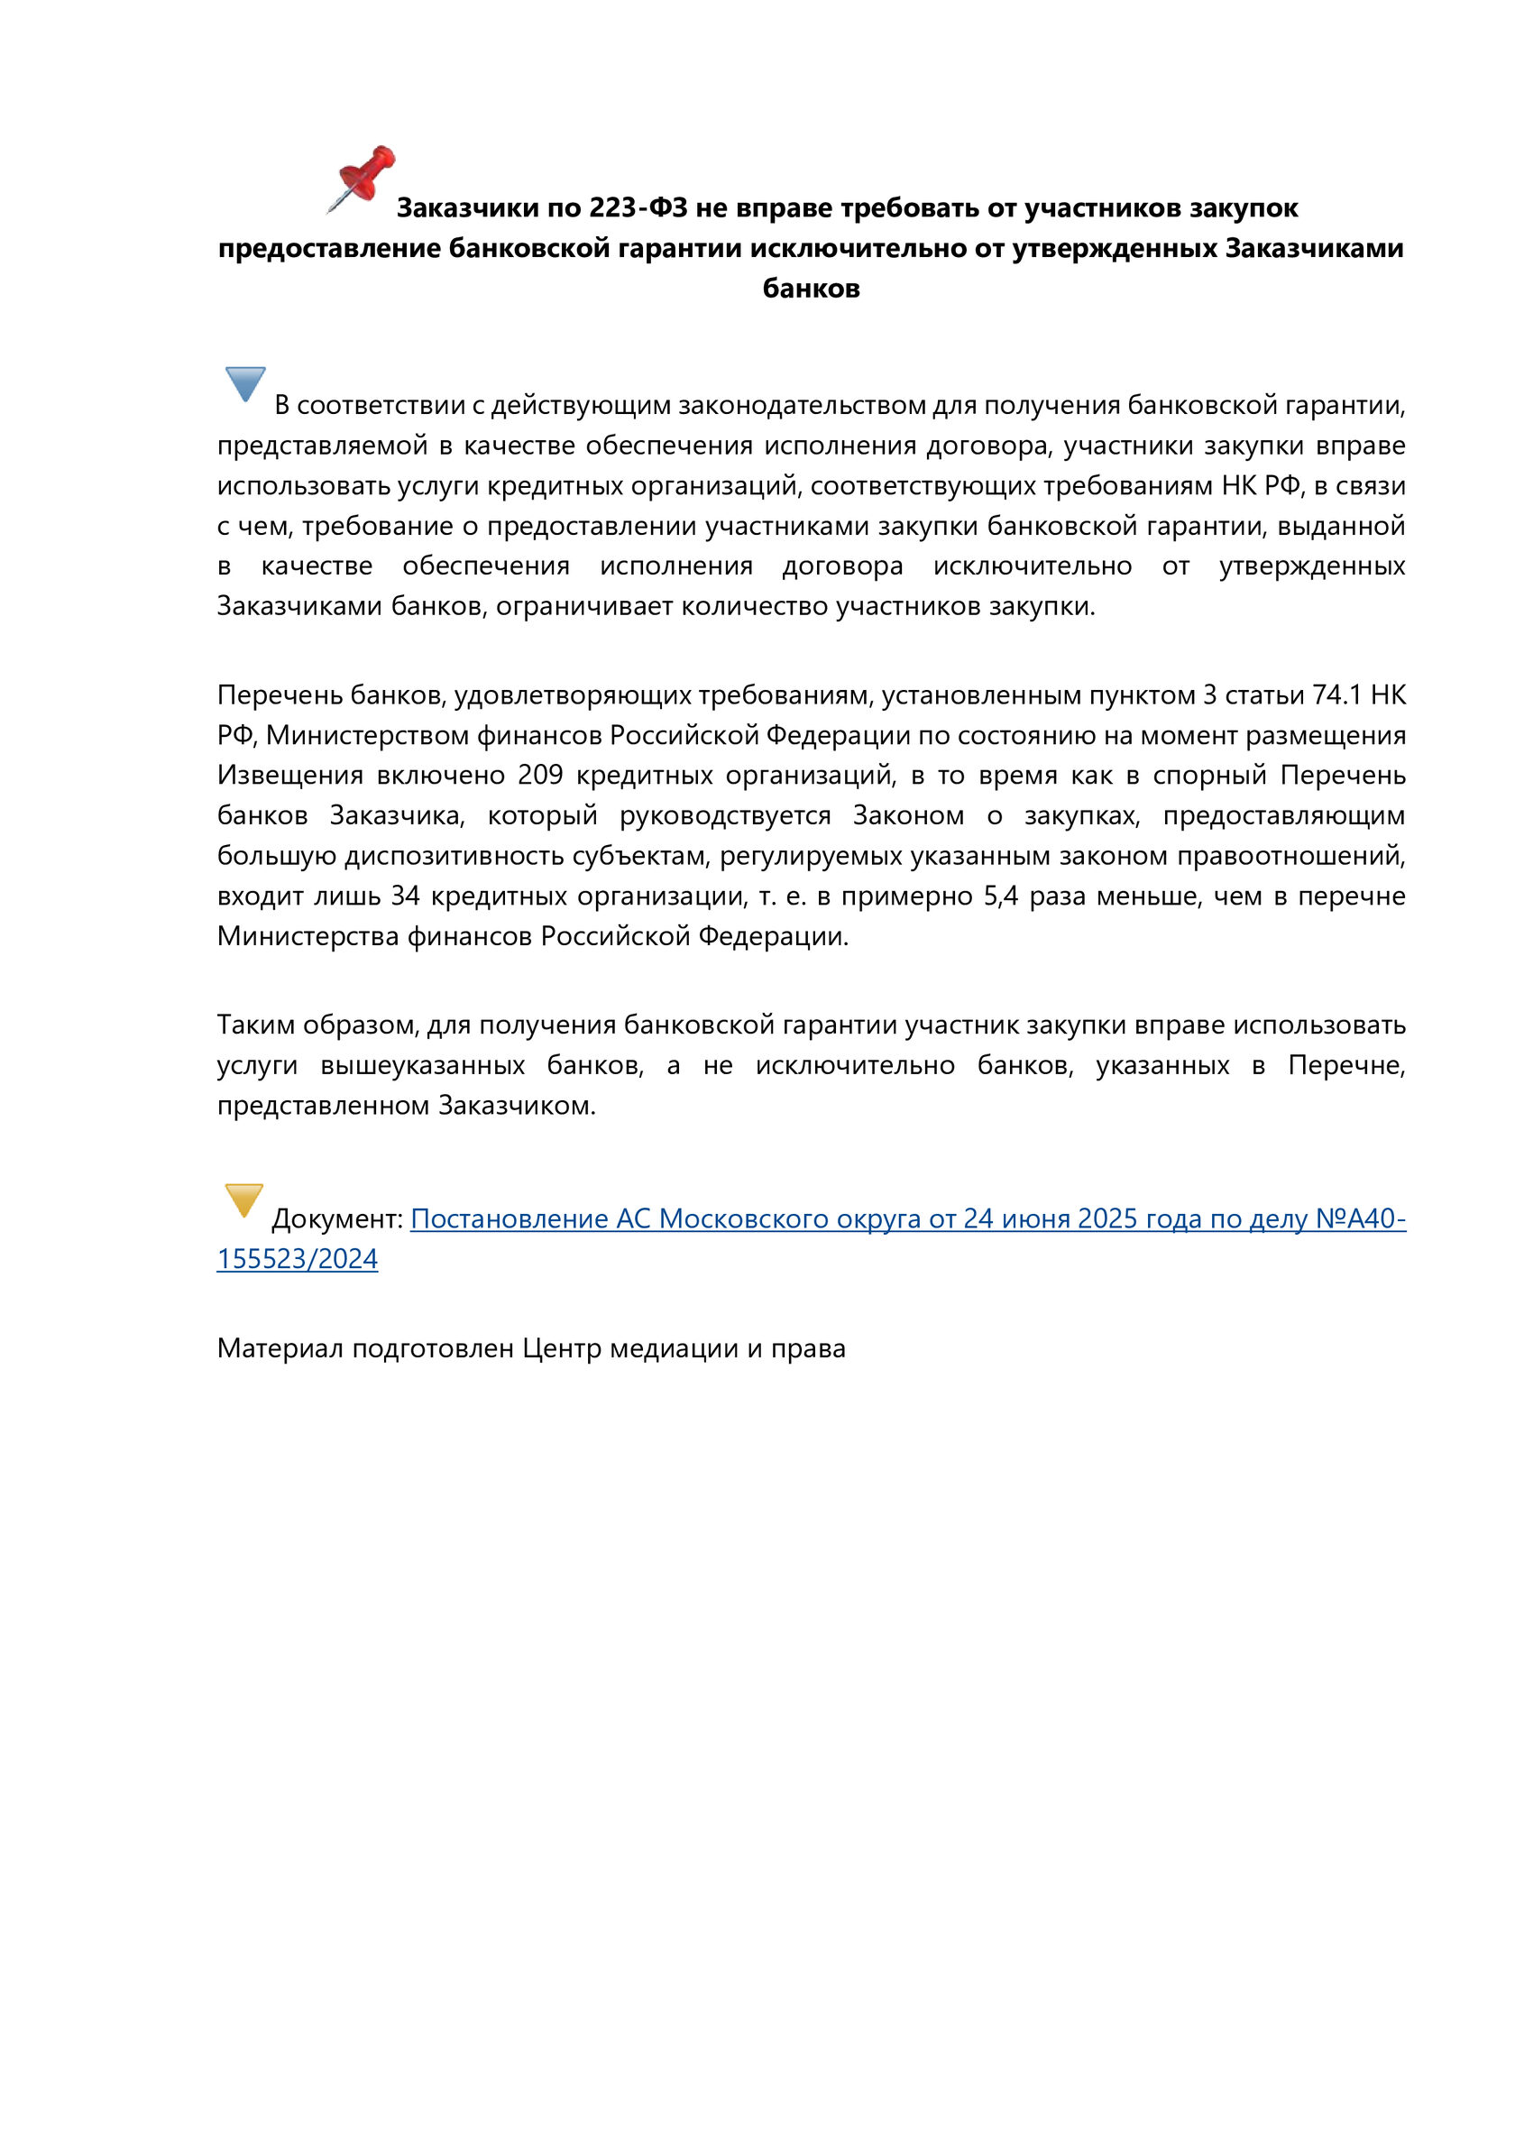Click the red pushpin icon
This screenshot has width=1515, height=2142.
(362, 178)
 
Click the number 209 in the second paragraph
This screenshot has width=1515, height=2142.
(540, 776)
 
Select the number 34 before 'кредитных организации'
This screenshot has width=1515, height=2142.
(405, 896)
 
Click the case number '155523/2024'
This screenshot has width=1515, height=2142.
(298, 1258)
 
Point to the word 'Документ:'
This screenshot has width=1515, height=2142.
(336, 1218)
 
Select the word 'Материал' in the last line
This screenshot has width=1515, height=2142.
(280, 1348)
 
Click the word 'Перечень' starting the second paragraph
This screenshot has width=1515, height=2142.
(280, 695)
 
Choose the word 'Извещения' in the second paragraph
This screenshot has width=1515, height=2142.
(290, 776)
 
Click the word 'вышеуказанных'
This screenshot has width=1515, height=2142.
(422, 1064)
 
